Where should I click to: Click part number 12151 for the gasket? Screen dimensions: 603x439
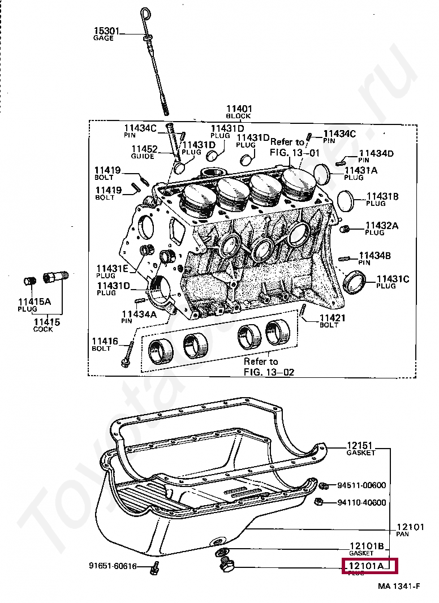tap(360, 446)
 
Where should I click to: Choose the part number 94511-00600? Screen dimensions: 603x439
tap(361, 485)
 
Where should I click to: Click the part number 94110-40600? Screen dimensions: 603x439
tap(361, 503)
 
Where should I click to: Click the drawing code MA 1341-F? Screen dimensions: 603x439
tap(399, 587)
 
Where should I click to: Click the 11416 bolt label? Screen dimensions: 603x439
tap(105, 342)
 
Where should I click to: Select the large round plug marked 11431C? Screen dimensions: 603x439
tap(355, 282)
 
